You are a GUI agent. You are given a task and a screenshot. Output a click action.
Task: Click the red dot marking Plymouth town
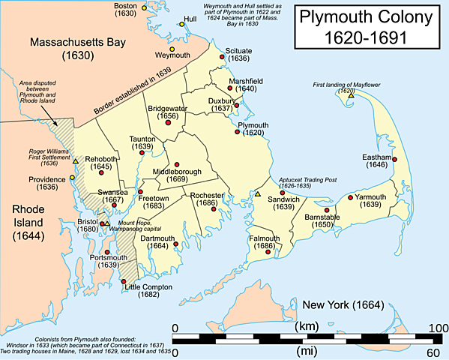tap(238, 132)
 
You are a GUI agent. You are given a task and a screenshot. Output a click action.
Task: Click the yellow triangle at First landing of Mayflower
tap(350, 95)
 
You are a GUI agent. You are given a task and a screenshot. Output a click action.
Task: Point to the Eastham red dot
tap(394, 158)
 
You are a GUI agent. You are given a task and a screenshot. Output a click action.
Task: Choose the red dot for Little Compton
tap(124, 281)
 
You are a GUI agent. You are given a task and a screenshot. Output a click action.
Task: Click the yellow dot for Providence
tap(72, 178)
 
